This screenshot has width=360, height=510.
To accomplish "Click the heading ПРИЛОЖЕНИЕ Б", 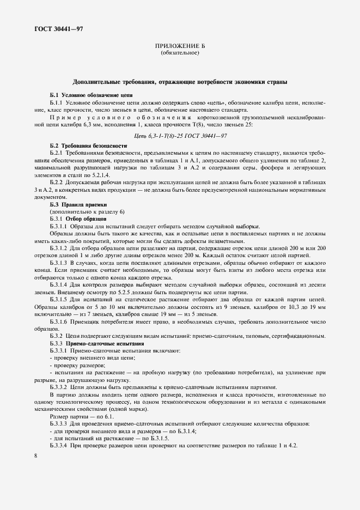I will pyautogui.click(x=180, y=46).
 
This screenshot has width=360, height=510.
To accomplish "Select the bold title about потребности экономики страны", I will pyautogui.click(x=180, y=82).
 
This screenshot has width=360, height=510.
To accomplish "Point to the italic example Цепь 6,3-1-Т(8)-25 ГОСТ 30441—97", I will pyautogui.click(x=180, y=135).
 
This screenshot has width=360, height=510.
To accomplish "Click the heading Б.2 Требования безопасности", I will pyautogui.click(x=88, y=146).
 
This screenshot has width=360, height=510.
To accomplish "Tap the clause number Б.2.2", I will pyautogui.click(x=58, y=181).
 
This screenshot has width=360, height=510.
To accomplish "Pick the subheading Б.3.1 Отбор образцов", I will pyautogui.click(x=78, y=218).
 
